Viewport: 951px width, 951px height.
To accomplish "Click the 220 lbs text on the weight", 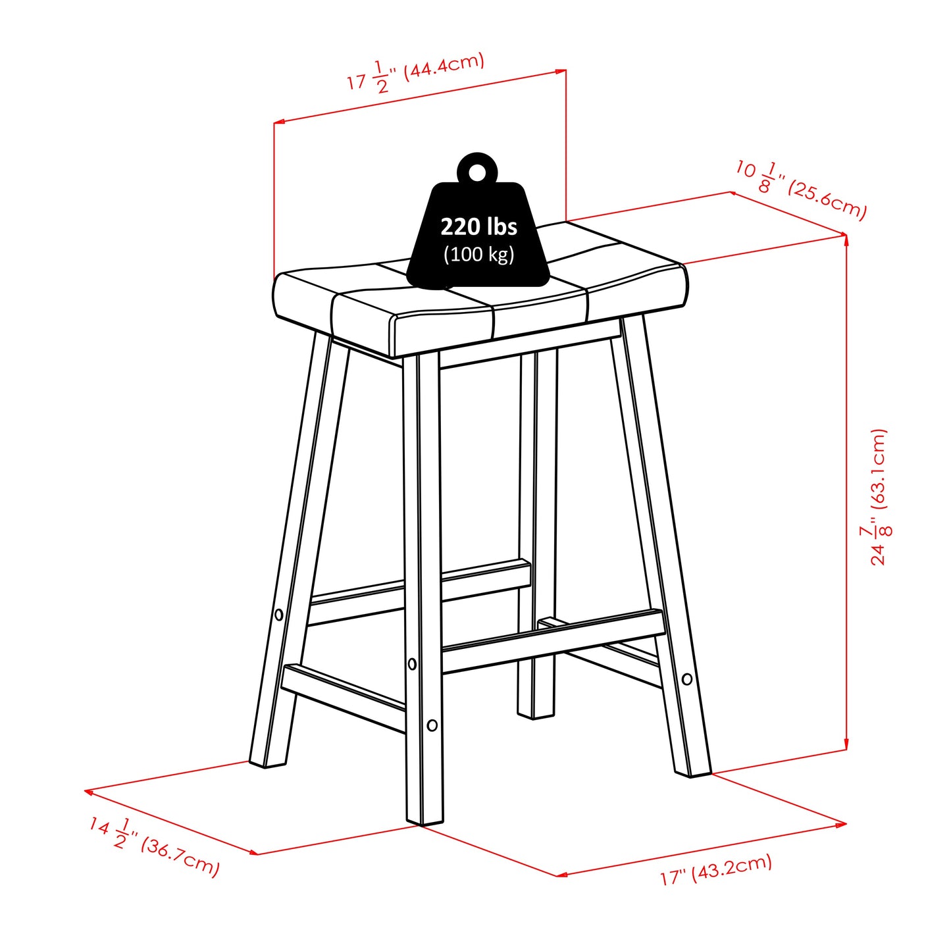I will [x=478, y=226].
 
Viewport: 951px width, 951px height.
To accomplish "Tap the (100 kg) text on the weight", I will [x=478, y=254].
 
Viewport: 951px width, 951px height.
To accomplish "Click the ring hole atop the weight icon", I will [x=478, y=172].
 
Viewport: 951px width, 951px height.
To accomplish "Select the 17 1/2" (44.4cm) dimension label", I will [x=416, y=72].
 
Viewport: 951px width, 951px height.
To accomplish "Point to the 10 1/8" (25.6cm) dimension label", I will [x=801, y=189].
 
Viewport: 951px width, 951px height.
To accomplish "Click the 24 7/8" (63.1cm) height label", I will [x=879, y=497].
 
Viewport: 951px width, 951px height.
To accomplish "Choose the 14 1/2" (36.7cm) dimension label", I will [x=154, y=846].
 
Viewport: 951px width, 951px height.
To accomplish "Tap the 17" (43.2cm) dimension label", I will [x=716, y=869].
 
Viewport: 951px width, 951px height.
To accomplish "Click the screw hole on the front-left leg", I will [x=278, y=614].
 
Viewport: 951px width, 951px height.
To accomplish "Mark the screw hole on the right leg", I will [x=687, y=679].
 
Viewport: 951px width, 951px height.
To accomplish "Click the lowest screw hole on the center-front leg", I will [x=432, y=725].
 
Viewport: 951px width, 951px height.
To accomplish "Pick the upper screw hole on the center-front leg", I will [x=413, y=664].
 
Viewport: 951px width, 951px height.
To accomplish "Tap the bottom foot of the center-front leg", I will [x=424, y=819].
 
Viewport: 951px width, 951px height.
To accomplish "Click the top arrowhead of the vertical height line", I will [x=846, y=238].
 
